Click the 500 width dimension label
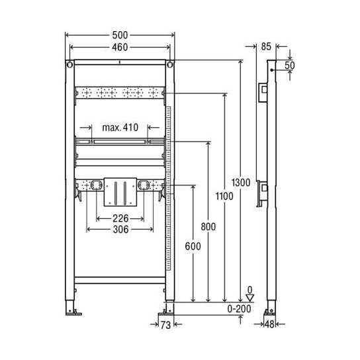(119, 34)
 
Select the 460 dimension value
(119, 48)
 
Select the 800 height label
(207, 226)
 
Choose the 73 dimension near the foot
(166, 324)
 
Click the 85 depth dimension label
(267, 47)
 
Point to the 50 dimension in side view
(290, 65)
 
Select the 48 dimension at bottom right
(269, 324)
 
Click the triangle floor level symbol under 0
(249, 299)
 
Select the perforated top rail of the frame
(119, 93)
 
